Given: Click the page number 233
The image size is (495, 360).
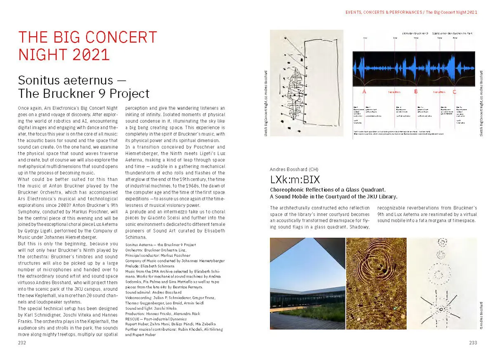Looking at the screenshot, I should tap(473, 343).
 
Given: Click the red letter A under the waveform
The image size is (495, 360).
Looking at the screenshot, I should tap(364, 92).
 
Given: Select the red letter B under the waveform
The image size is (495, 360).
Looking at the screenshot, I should tap(416, 92).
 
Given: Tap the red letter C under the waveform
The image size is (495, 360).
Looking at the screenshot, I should tap(455, 92).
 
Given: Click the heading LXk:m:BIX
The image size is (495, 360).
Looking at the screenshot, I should tap(295, 180).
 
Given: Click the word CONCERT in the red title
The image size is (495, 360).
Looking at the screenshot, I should tap(116, 37).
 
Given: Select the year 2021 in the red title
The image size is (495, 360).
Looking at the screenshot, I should tap(89, 55).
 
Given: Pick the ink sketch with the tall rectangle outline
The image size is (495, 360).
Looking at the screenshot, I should tap(306, 83).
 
